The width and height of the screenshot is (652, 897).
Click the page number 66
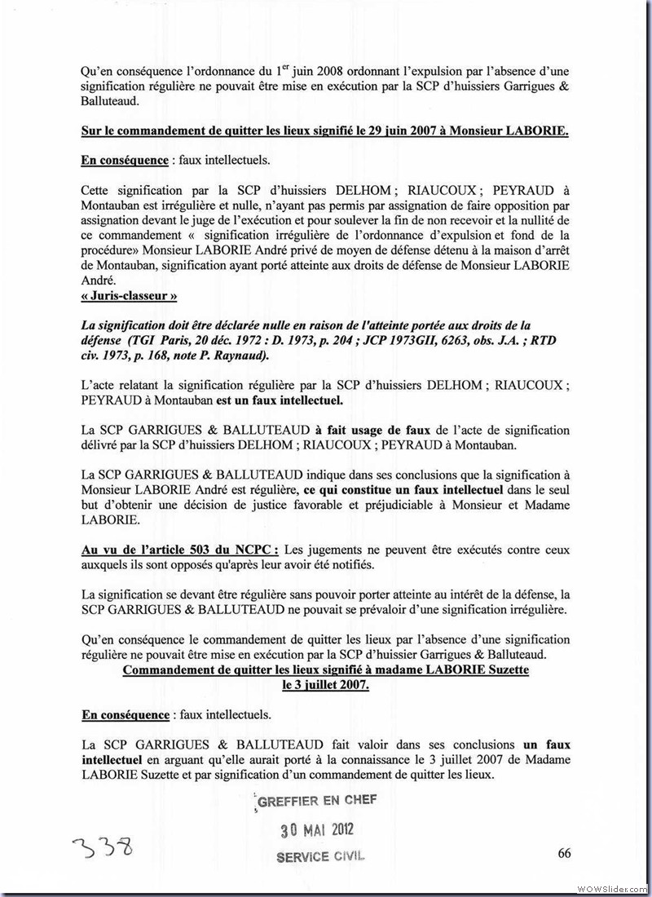click(x=564, y=853)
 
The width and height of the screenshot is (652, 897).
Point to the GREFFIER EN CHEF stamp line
click(x=317, y=801)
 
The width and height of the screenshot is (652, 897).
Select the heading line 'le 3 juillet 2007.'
click(x=325, y=685)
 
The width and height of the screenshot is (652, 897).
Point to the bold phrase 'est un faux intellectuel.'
click(x=279, y=402)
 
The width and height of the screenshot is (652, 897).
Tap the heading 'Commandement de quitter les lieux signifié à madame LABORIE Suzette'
click(x=325, y=669)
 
